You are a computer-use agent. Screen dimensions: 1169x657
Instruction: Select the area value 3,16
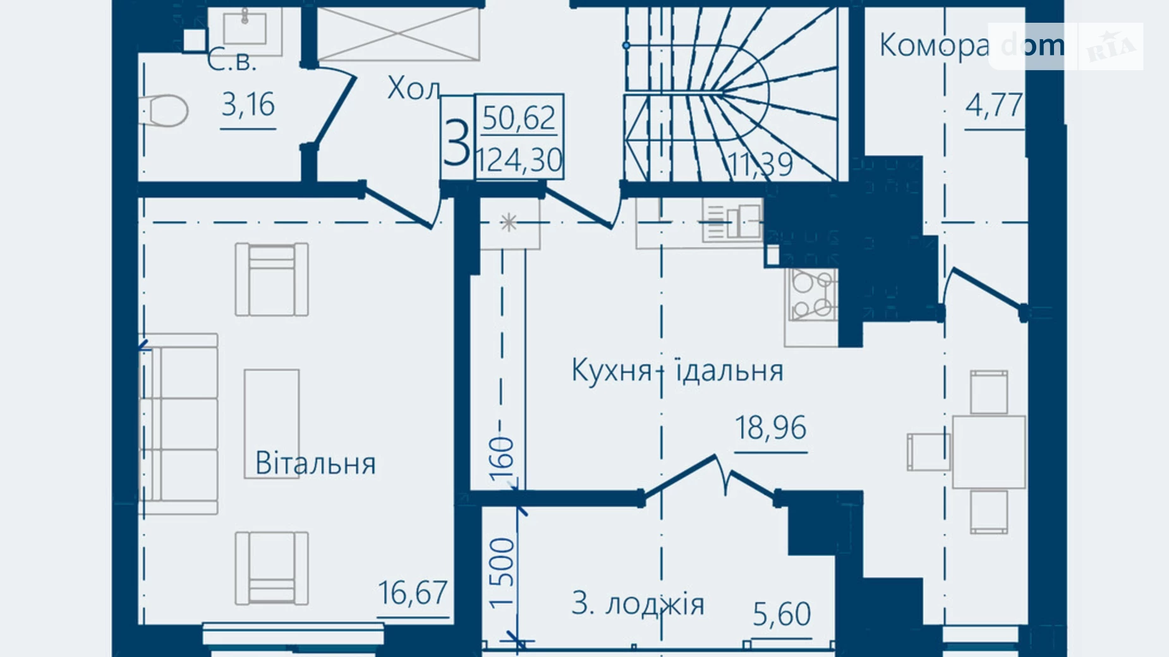pyautogui.click(x=248, y=105)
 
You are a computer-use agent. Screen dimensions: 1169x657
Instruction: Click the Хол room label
pyautogui.click(x=413, y=88)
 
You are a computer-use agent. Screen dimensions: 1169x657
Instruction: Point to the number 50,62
pyautogui.click(x=519, y=118)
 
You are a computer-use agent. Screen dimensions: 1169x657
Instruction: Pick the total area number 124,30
pyautogui.click(x=519, y=160)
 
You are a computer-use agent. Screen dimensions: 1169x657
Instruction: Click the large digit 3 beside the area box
pyautogui.click(x=457, y=142)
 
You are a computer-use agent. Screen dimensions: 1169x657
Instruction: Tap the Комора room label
pyautogui.click(x=934, y=45)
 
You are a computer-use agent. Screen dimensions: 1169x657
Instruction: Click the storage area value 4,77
pyautogui.click(x=994, y=105)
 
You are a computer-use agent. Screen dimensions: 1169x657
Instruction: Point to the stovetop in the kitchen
pyautogui.click(x=813, y=294)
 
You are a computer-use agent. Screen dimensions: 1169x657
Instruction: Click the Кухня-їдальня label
pyautogui.click(x=677, y=370)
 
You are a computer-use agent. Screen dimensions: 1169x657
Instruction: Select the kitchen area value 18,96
pyautogui.click(x=771, y=428)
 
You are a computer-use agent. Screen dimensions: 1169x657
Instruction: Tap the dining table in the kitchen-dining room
pyautogui.click(x=989, y=452)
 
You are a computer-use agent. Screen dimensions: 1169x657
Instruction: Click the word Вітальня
pyautogui.click(x=315, y=463)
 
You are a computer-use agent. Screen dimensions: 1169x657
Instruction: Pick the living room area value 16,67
pyautogui.click(x=413, y=593)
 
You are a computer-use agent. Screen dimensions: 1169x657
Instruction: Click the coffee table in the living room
pyautogui.click(x=272, y=423)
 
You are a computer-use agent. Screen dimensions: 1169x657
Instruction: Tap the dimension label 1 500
pyautogui.click(x=502, y=572)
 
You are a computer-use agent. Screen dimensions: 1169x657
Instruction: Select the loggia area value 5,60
pyautogui.click(x=782, y=614)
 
